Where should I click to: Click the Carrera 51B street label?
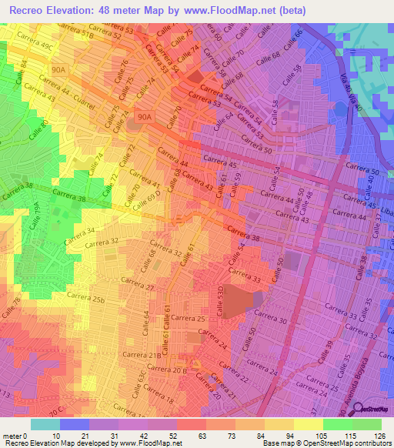(76, 35)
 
